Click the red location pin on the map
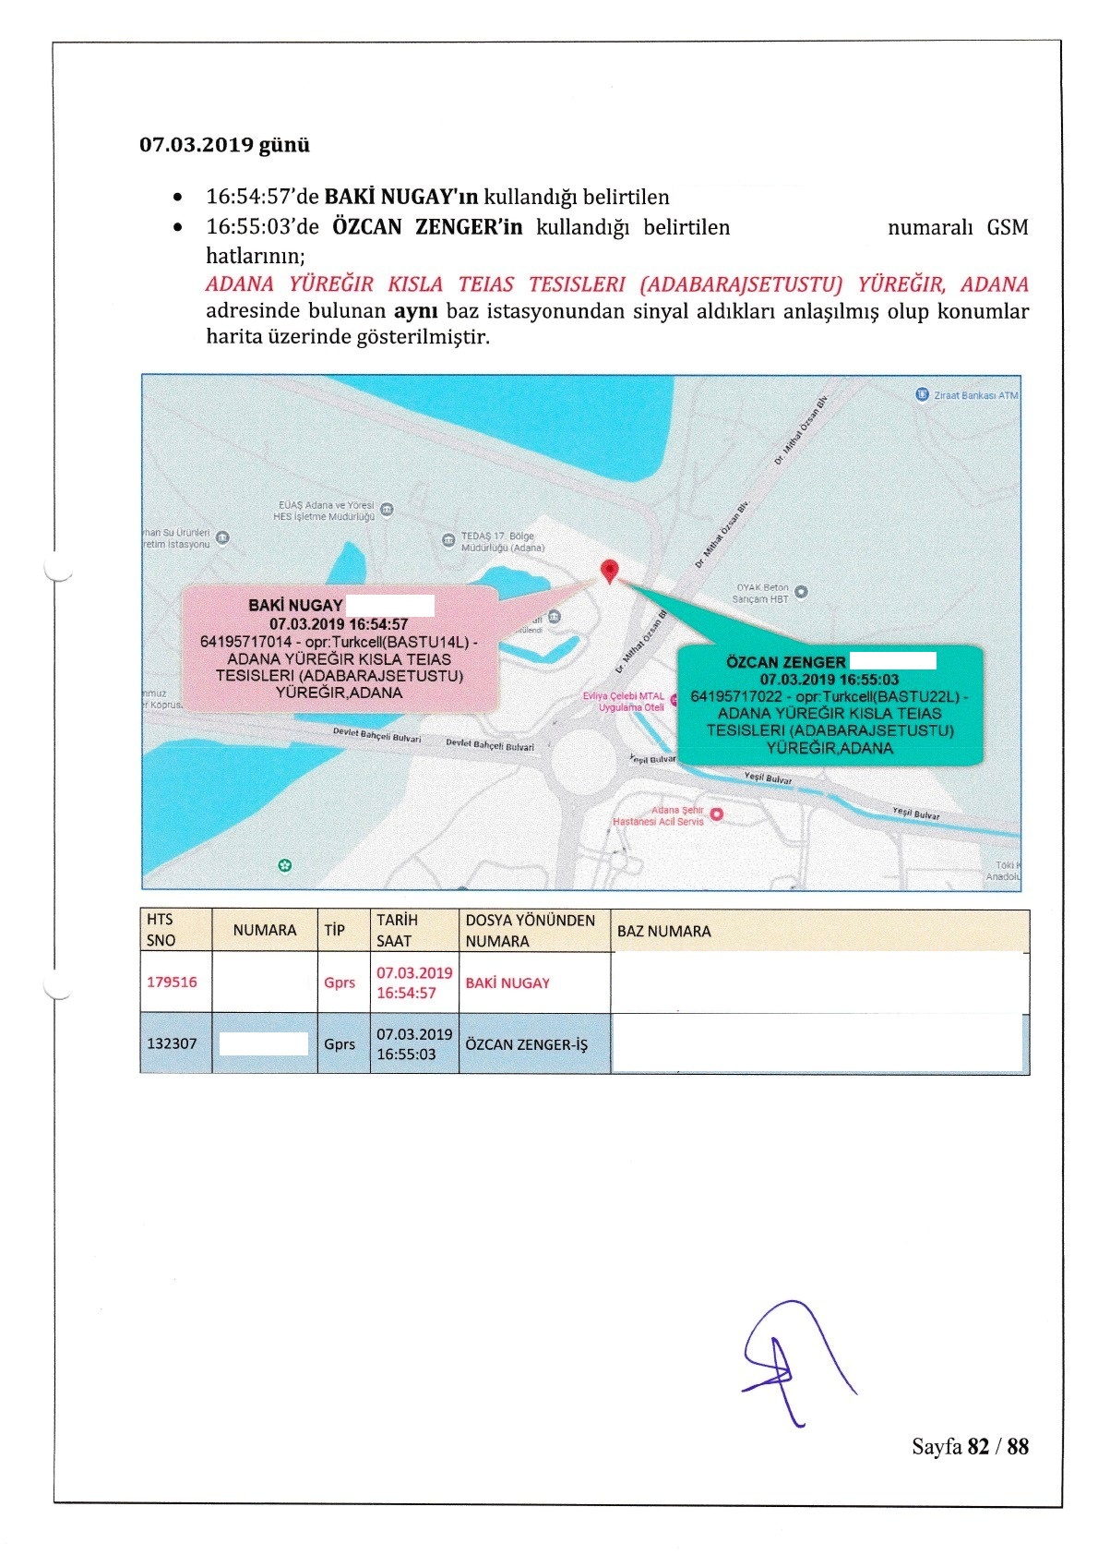(609, 572)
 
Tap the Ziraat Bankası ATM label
(968, 395)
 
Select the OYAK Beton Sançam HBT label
(762, 593)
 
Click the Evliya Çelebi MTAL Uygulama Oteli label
(624, 702)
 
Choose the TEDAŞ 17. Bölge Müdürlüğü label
(502, 542)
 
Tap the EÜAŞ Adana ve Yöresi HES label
(325, 511)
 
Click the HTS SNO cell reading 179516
(173, 982)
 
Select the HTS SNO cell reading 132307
(173, 1043)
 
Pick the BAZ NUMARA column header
(664, 931)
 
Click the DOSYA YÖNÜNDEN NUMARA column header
(531, 931)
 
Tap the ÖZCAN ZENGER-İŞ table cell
(527, 1044)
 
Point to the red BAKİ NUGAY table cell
(507, 982)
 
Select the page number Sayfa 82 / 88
(970, 1446)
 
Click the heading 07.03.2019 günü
(224, 145)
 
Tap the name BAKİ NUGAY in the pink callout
(295, 606)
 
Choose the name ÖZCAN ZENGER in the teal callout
(785, 662)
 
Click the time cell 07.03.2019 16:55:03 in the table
(414, 1044)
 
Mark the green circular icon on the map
(285, 865)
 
